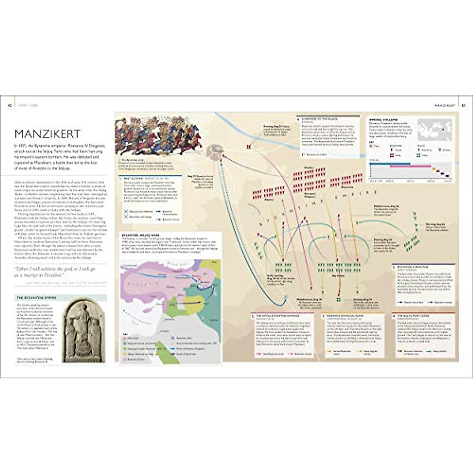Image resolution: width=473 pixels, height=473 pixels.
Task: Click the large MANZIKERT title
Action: (47, 133)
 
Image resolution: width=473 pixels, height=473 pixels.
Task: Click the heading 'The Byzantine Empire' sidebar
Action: (36, 298)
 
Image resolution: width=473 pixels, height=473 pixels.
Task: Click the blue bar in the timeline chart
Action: (390, 164)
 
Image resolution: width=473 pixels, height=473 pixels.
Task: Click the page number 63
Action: (464, 105)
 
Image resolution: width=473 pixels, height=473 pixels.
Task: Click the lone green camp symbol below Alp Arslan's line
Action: (338, 300)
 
